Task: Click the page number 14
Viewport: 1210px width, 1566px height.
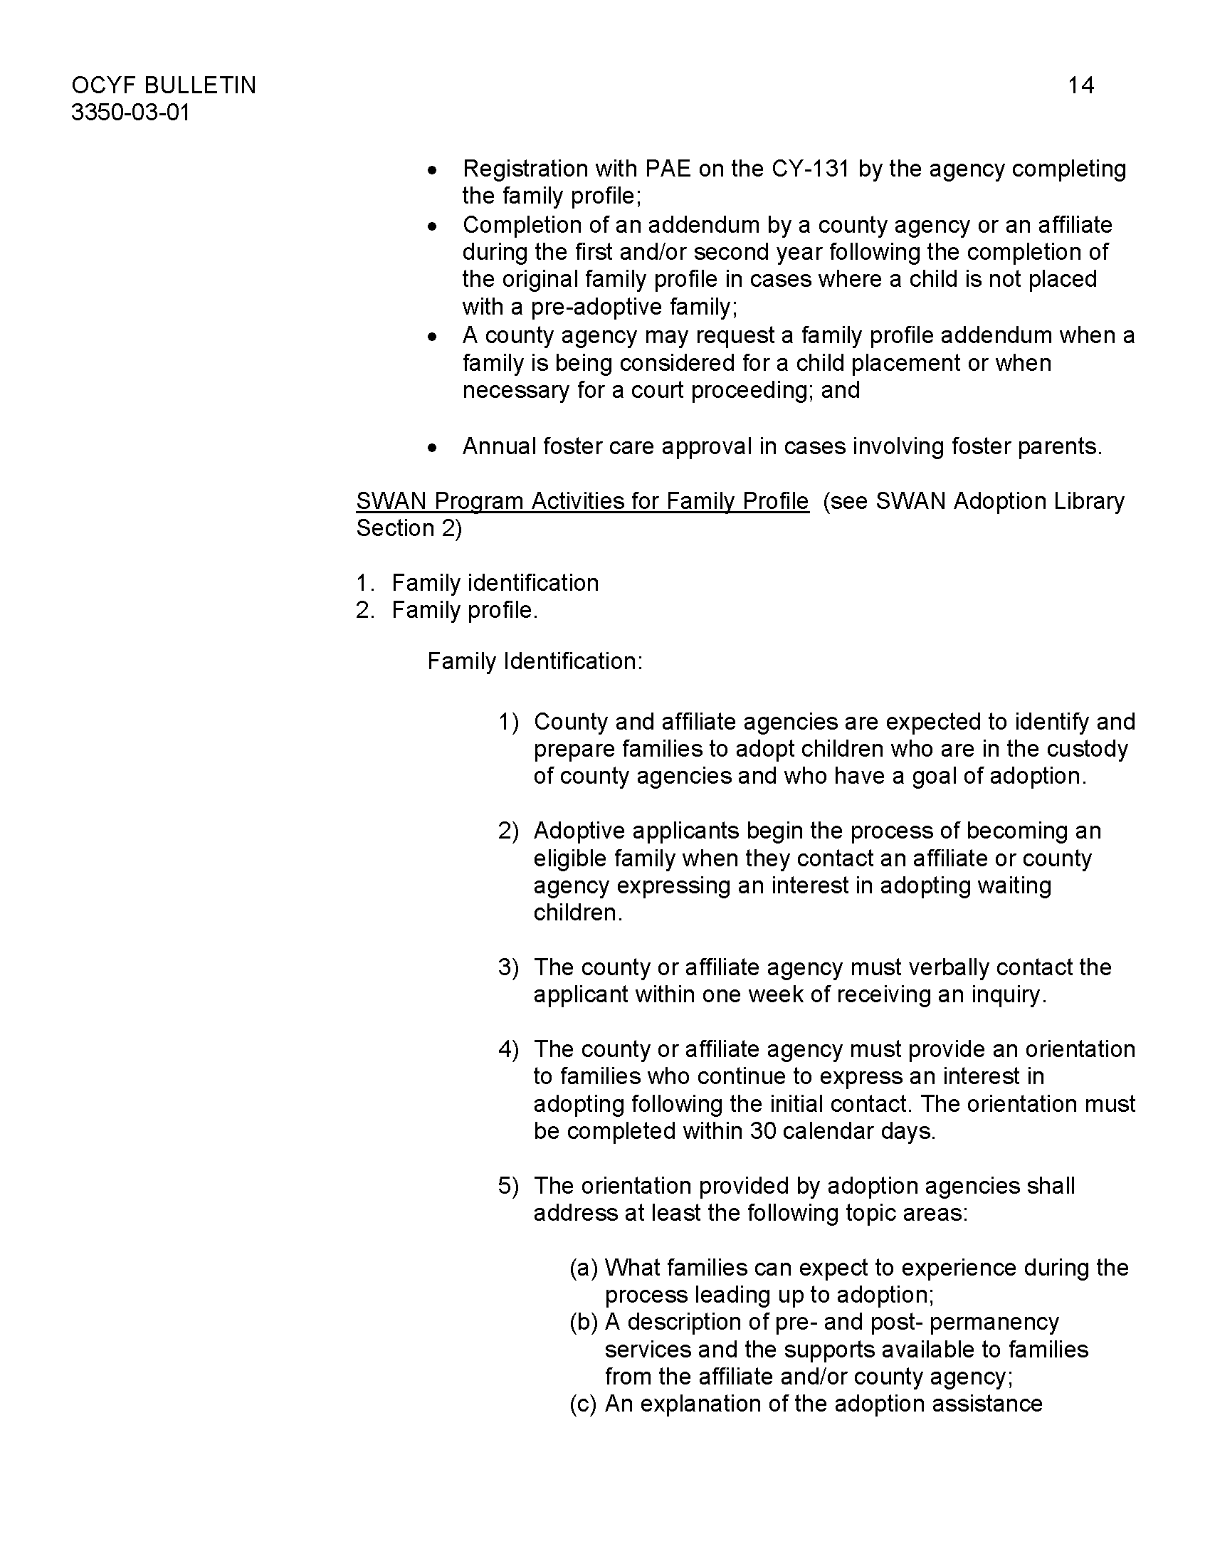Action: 1080,85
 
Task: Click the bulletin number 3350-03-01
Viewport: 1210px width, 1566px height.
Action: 130,113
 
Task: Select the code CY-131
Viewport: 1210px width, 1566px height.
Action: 810,169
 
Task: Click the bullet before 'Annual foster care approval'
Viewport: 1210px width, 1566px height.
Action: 431,448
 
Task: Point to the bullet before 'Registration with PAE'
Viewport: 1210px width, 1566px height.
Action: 431,170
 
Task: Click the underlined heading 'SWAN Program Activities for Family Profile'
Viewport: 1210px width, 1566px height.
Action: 582,501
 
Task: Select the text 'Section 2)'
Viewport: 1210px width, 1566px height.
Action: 409,528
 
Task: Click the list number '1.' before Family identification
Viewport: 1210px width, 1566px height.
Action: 365,583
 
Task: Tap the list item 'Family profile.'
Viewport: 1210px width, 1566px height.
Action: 464,610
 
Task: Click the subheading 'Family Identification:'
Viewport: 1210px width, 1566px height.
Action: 535,661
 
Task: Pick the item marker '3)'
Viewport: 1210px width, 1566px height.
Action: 507,967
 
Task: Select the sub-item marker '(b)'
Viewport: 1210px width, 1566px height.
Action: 584,1323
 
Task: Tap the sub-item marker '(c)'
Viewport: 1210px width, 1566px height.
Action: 584,1404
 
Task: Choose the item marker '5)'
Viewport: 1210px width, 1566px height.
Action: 507,1186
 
